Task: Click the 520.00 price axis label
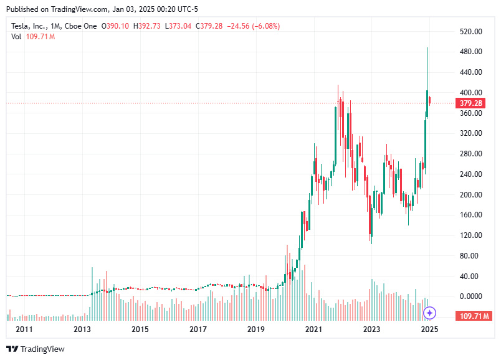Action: (471, 31)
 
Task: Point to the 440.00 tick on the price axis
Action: (471, 72)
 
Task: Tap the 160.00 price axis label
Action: (471, 215)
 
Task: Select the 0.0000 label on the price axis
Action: (471, 296)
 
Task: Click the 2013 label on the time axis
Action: (82, 329)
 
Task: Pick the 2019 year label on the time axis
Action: (255, 329)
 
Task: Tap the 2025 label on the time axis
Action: (429, 329)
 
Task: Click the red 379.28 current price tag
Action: (470, 103)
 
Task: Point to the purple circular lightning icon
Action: (429, 313)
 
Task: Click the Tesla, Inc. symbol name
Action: (31, 26)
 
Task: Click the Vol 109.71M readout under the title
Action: (33, 37)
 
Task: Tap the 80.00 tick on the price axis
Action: (473, 256)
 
